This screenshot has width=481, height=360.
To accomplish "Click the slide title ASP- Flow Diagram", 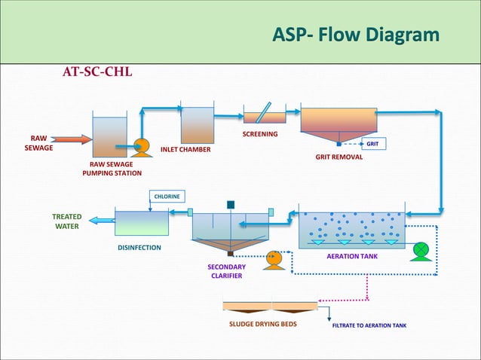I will pos(355,35).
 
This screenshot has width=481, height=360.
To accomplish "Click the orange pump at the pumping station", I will pos(139,146).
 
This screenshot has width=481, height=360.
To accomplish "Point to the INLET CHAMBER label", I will pos(185,149).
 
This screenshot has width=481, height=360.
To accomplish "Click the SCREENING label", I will pos(259,134).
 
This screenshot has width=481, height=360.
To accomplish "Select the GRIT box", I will pos(372,143).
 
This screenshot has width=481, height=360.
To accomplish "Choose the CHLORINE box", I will pos(167,196).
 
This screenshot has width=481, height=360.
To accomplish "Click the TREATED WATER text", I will pos(66,221).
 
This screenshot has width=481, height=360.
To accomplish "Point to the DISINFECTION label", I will pos(139,248).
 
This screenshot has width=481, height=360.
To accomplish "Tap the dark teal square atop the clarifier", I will pos(230,204).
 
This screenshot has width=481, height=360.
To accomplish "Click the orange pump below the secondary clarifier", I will pos(274,258).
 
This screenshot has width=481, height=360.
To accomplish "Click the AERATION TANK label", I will pos(352,257).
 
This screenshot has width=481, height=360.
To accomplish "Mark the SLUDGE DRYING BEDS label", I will pos(263,325).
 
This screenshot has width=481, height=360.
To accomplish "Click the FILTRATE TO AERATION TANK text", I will pos(369,326).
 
